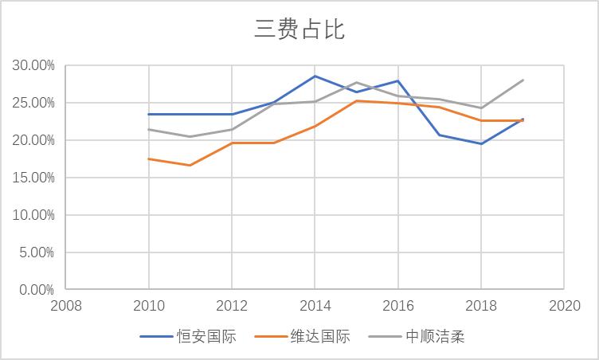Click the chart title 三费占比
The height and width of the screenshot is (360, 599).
point(299,29)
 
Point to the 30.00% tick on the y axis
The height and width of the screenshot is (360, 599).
point(33,65)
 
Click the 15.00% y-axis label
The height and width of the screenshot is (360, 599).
point(33,178)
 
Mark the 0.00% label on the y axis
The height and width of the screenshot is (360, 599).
point(36,290)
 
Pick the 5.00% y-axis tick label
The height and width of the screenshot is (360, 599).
point(36,252)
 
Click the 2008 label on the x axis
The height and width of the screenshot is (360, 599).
point(66,305)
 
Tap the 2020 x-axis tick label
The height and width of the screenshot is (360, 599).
point(564,305)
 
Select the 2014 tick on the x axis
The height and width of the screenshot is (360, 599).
point(315,305)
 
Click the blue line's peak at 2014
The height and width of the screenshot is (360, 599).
point(315,76)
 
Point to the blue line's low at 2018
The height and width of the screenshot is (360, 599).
point(481,143)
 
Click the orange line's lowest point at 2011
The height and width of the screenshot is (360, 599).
point(190,165)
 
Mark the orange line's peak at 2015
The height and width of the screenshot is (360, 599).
point(356,100)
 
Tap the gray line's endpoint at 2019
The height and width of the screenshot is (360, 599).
point(523,80)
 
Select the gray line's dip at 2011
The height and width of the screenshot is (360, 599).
point(190,136)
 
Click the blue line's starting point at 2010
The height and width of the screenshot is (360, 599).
point(148,114)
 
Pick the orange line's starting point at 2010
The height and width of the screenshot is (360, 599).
point(148,158)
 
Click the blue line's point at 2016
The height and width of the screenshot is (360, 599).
point(397,80)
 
